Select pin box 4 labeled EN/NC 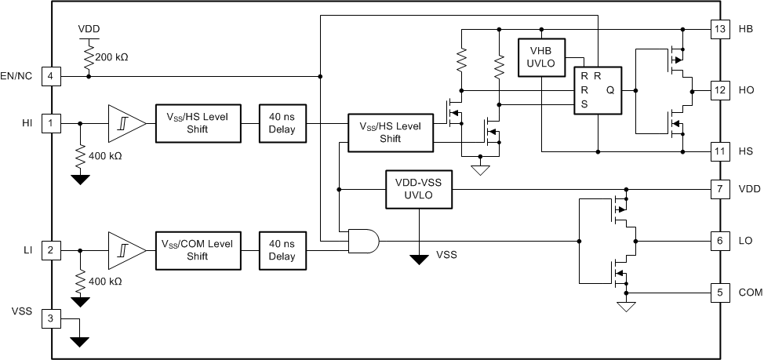52,76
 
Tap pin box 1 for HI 52,122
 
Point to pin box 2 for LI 52,250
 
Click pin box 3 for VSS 52,318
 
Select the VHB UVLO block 541,58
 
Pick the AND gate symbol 361,241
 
